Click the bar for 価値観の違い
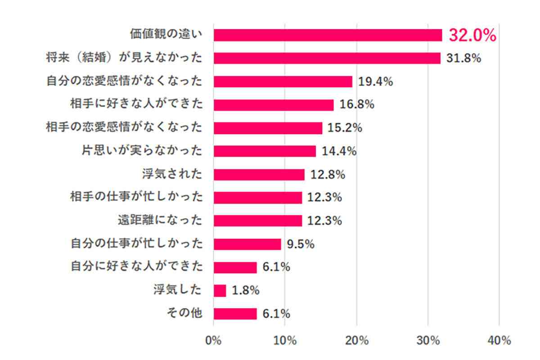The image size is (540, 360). click(x=328, y=35)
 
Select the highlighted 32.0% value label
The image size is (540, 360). click(x=472, y=36)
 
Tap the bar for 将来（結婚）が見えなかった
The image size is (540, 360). click(x=327, y=58)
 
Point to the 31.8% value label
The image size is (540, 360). click(x=464, y=58)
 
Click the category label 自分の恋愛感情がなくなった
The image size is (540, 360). click(x=124, y=81)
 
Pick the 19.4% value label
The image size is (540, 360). click(x=376, y=81)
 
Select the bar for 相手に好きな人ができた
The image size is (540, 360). click(x=274, y=105)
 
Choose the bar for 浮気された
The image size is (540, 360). click(x=259, y=175)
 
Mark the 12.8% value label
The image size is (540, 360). click(x=328, y=175)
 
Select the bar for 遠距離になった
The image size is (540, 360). click(x=258, y=221)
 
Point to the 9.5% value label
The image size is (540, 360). click(x=301, y=244)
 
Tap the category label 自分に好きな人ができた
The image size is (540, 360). click(x=136, y=267)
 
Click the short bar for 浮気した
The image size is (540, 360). click(x=220, y=291)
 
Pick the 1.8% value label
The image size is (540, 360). click(x=246, y=291)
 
